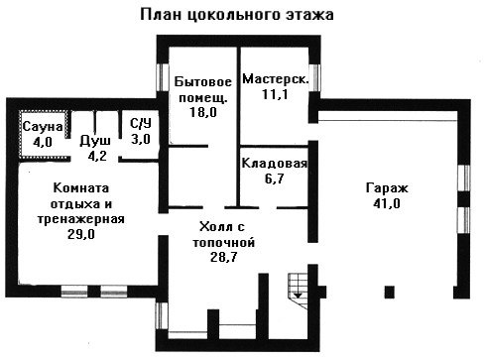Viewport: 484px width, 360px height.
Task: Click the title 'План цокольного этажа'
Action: coord(237,15)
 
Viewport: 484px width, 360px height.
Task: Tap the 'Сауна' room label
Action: coord(43,126)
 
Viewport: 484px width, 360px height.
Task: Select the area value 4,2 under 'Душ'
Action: coord(97,156)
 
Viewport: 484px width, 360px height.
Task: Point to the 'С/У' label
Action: coord(141,124)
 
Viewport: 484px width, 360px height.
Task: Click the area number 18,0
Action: coord(203,112)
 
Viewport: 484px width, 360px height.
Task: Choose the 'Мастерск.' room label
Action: coord(276,78)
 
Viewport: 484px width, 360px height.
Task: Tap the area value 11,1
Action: coord(275,94)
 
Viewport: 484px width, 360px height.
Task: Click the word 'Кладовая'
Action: coord(275,164)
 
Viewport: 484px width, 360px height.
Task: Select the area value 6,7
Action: coord(275,179)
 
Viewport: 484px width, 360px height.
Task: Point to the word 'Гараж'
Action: coord(387,188)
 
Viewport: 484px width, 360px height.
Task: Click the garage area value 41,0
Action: coord(387,203)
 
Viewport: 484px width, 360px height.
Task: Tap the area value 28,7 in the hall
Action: coord(224,257)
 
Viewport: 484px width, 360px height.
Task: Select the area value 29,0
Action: coord(81,234)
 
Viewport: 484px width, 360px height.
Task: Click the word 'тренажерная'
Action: coord(81,219)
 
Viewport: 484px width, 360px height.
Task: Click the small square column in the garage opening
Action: coord(390,292)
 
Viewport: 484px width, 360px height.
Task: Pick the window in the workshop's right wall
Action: coord(315,77)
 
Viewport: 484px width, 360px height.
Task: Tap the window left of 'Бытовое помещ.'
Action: coord(163,77)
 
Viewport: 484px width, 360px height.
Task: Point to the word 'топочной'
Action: coord(224,242)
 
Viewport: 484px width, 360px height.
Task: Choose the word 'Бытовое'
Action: coord(203,81)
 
